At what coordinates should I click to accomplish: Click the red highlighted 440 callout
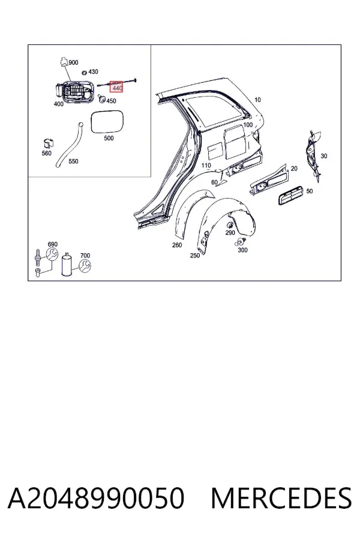(116, 87)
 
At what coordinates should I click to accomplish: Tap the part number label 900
(73, 62)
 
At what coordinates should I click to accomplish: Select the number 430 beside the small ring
(93, 71)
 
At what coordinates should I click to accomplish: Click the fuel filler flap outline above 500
(106, 122)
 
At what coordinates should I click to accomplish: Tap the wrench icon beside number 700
(85, 266)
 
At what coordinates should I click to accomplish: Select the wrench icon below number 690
(52, 254)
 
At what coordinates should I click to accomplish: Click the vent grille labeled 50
(290, 195)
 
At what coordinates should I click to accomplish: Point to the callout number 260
(177, 245)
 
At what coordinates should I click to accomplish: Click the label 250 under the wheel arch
(194, 256)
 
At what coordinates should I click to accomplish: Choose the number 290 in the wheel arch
(230, 233)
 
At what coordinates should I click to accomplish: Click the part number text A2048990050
(96, 498)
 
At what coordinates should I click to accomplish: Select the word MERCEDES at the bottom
(281, 498)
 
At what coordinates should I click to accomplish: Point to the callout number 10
(257, 100)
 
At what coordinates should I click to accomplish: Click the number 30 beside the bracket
(324, 156)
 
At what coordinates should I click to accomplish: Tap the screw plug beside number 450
(101, 99)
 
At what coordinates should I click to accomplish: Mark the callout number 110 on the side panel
(206, 166)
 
